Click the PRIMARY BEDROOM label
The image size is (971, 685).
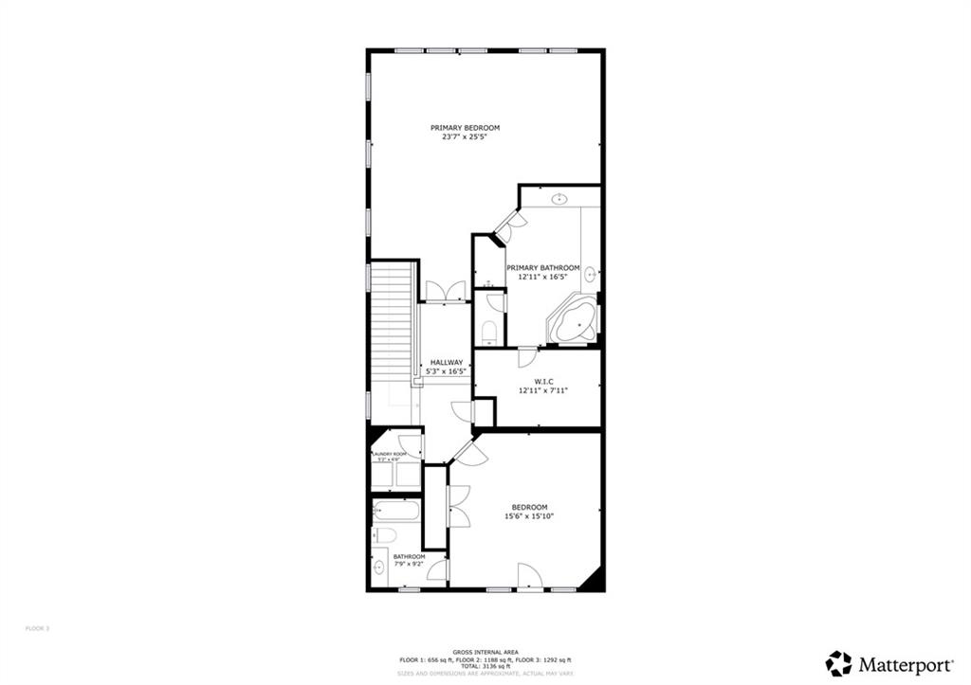pyautogui.click(x=465, y=128)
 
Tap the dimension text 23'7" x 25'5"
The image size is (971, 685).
pyautogui.click(x=465, y=137)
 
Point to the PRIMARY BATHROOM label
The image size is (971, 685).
pyautogui.click(x=542, y=268)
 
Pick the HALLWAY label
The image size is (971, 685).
pyautogui.click(x=447, y=362)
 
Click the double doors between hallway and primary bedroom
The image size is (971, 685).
pyautogui.click(x=446, y=293)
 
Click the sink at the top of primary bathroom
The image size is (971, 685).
pyautogui.click(x=559, y=199)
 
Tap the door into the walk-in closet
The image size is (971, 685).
pyautogui.click(x=527, y=358)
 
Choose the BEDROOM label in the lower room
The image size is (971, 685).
pyautogui.click(x=529, y=507)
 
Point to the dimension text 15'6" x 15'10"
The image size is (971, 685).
pyautogui.click(x=529, y=516)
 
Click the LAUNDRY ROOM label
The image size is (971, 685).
pyautogui.click(x=389, y=455)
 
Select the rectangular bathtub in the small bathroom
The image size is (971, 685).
pyautogui.click(x=395, y=512)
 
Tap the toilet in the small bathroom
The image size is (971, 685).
pyautogui.click(x=383, y=535)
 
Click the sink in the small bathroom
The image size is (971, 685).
pyautogui.click(x=379, y=568)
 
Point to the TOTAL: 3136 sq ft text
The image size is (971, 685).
pyautogui.click(x=485, y=666)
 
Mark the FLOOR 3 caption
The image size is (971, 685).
pyautogui.click(x=37, y=627)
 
